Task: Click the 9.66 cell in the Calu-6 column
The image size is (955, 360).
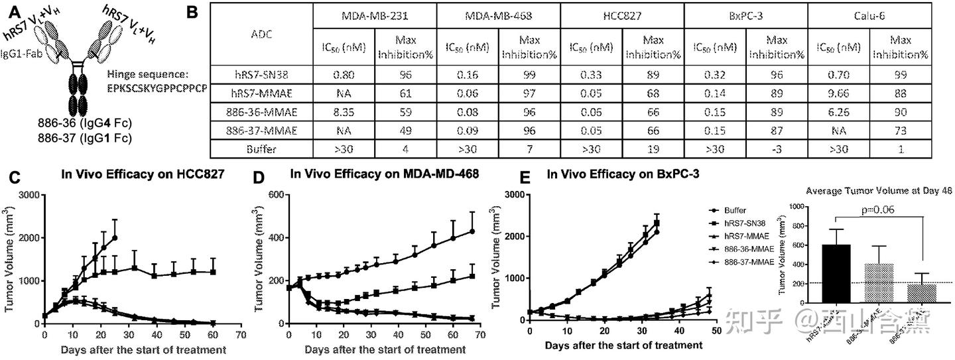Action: [838, 93]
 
